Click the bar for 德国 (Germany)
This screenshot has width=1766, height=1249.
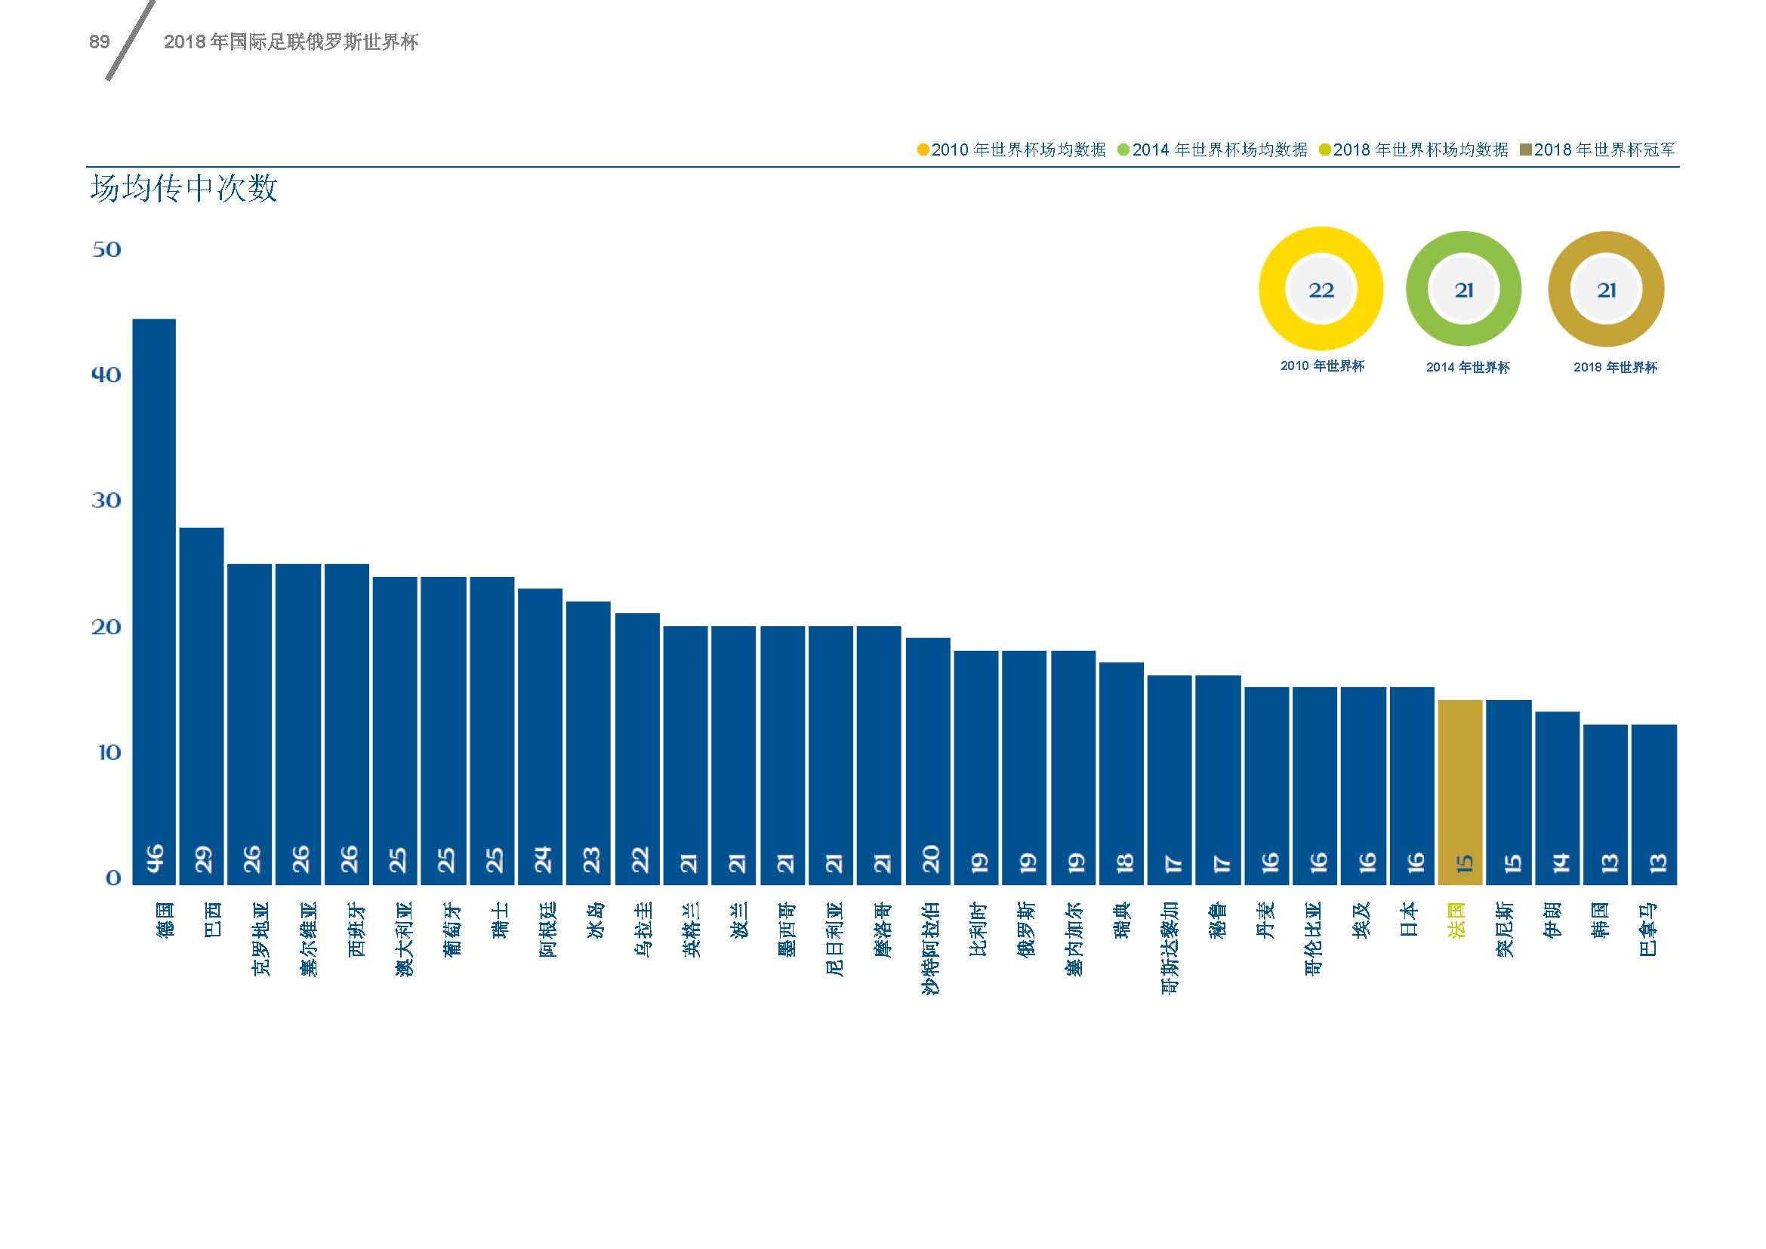tap(154, 600)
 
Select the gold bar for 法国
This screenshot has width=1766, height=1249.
tap(1459, 792)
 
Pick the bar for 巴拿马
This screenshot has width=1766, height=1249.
tap(1654, 803)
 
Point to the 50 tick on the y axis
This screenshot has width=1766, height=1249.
tap(106, 249)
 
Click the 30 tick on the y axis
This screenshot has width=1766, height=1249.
tap(106, 501)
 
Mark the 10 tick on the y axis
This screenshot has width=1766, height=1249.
tap(109, 752)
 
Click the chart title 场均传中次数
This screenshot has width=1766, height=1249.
tap(183, 190)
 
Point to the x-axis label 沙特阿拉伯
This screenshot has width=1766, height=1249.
tap(930, 948)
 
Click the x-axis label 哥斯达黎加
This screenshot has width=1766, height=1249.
tap(1170, 948)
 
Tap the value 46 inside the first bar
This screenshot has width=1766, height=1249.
tap(155, 859)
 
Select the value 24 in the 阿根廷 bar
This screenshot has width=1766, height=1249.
tap(542, 859)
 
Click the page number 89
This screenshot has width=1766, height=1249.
tap(99, 42)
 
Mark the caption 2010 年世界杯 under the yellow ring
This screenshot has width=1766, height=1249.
tap(1322, 366)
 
